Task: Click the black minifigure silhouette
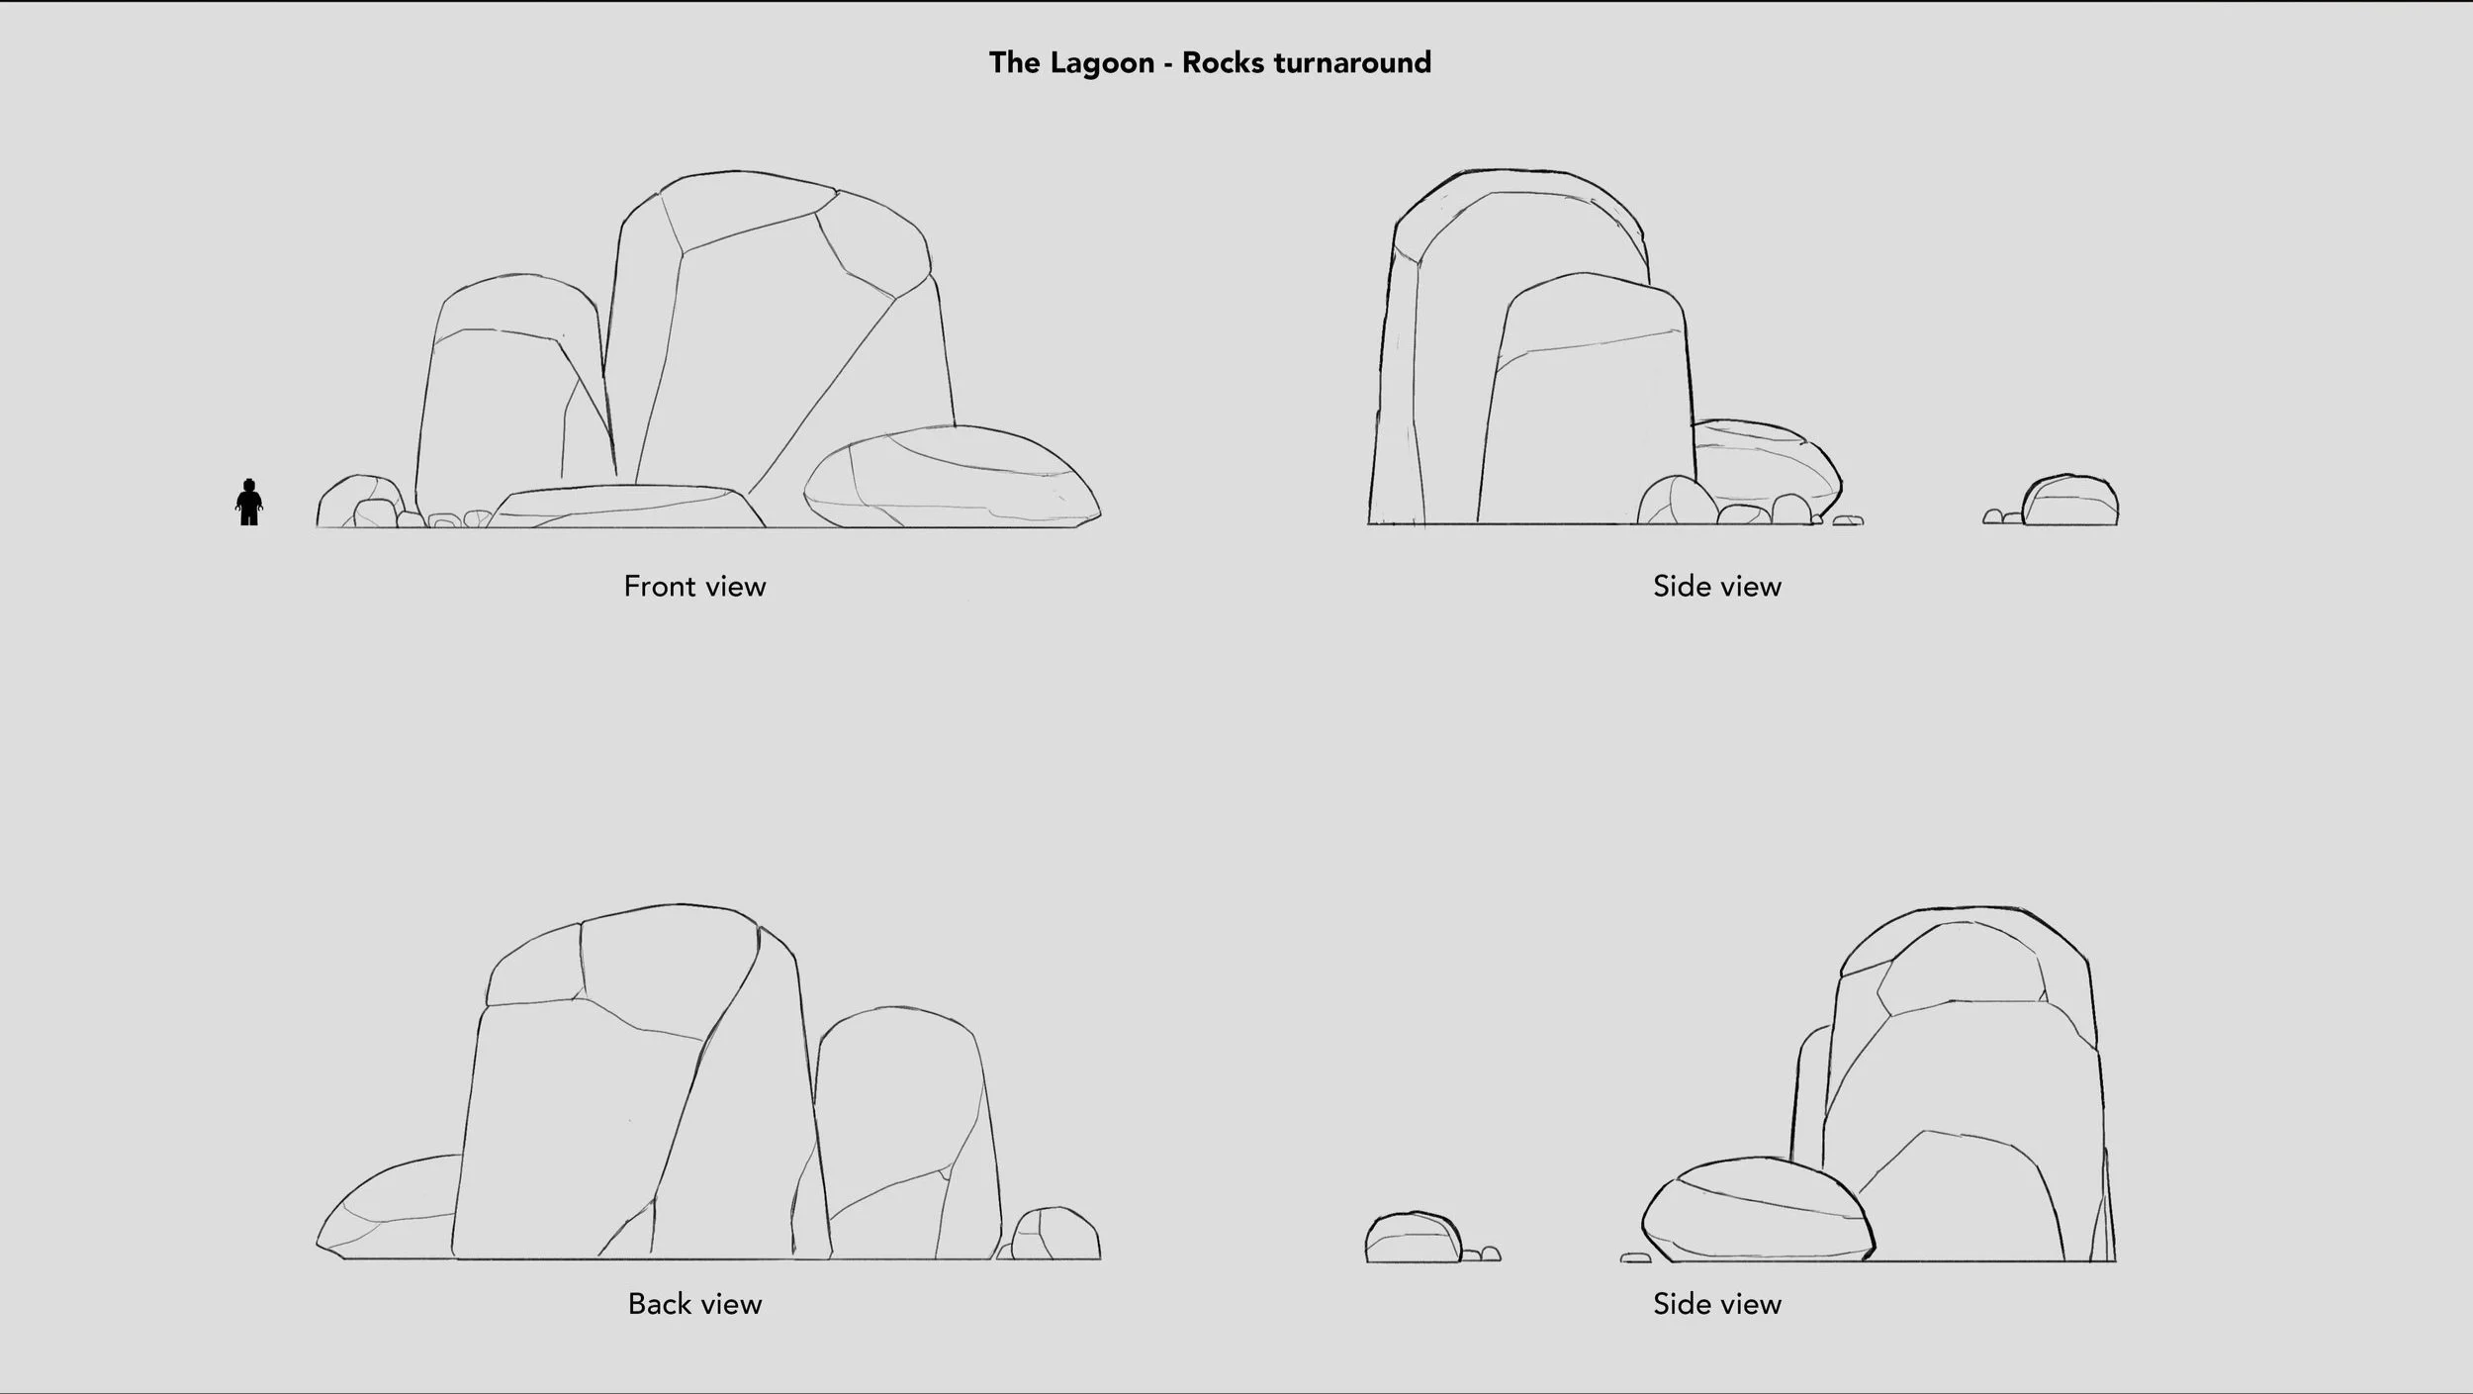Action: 249,503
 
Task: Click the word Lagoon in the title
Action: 1101,63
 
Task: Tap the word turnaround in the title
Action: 1352,63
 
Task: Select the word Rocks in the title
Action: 1223,63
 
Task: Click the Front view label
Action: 694,587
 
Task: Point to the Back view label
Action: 694,1304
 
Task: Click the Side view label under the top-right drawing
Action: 1717,587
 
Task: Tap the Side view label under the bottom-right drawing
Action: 1717,1304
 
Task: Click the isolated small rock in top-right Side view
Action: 2069,503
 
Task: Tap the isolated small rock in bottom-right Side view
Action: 1413,1239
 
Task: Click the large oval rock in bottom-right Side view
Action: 1757,1213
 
